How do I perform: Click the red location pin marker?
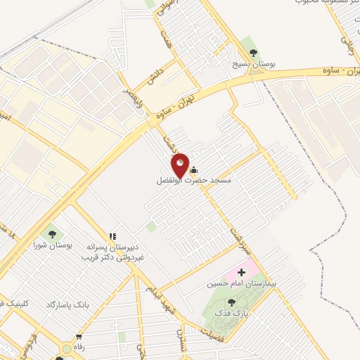180,165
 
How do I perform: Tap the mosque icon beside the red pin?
194,169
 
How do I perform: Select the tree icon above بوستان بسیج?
253,53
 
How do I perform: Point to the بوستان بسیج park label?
254,64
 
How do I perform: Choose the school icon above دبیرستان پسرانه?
112,237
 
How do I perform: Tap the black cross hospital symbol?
243,271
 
